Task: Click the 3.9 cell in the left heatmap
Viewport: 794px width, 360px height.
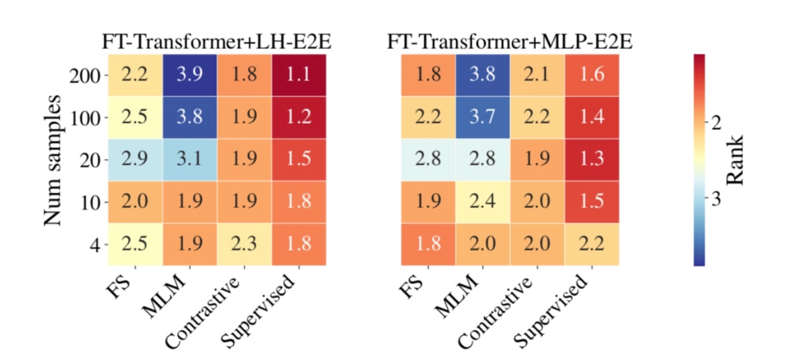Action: [190, 76]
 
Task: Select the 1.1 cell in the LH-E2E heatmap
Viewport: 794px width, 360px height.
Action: [298, 76]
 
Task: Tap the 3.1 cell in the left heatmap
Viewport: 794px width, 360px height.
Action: [190, 160]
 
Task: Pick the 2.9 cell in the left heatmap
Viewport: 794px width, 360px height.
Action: [135, 160]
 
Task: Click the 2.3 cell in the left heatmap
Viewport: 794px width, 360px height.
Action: [244, 244]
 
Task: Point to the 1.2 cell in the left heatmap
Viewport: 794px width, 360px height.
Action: [298, 118]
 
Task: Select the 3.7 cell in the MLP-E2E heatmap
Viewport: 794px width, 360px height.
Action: [482, 118]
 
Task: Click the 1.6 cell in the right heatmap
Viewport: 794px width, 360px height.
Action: [592, 76]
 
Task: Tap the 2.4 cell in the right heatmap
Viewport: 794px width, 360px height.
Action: [482, 202]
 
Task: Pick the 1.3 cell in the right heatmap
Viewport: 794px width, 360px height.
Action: [592, 160]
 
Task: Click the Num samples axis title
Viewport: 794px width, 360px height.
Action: [54, 160]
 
